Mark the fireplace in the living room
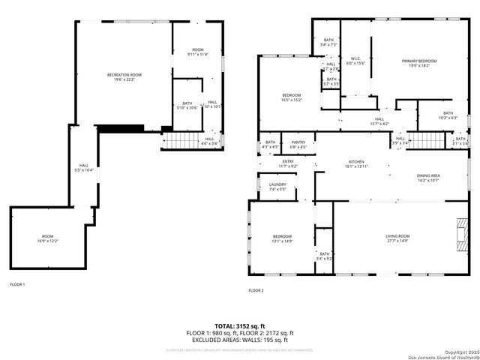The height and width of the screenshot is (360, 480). click(458, 234)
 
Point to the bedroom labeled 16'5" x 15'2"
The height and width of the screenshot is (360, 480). click(292, 97)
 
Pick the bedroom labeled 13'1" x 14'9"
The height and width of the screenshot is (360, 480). click(282, 239)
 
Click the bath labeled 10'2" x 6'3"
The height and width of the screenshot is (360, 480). click(448, 115)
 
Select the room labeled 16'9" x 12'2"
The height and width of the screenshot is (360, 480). click(47, 238)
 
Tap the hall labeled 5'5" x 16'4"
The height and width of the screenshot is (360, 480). click(85, 168)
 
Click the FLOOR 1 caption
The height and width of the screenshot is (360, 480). click(17, 284)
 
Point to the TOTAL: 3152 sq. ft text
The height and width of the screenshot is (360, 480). click(239, 326)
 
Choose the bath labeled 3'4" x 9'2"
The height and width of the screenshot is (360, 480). click(324, 256)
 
